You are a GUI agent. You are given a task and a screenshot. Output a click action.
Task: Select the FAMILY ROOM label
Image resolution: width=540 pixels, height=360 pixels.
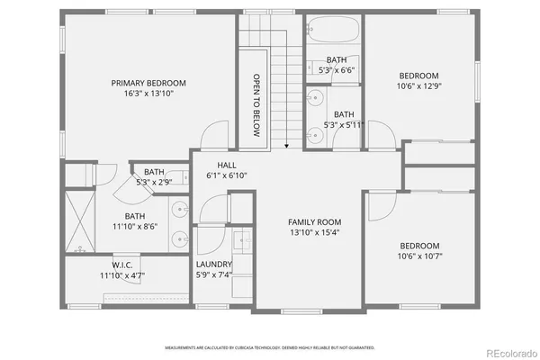pos(314,221)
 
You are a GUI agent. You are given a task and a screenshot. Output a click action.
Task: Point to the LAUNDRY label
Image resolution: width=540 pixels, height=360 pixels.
pos(214,264)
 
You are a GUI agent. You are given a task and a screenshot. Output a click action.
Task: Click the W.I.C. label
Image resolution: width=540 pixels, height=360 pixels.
pos(122,264)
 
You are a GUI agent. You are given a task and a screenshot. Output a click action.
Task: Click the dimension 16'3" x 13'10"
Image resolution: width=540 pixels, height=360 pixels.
pos(149,93)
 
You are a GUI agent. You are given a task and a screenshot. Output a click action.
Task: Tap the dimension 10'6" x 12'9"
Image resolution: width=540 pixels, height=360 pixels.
pos(419,86)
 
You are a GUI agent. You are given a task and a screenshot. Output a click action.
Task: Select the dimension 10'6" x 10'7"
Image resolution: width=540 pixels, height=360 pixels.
pos(419,256)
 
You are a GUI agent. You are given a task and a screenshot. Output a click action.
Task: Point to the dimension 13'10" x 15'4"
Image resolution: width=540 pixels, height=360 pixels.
pos(314,232)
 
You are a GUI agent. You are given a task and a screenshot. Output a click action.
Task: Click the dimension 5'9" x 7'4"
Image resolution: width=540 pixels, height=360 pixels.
pos(214,274)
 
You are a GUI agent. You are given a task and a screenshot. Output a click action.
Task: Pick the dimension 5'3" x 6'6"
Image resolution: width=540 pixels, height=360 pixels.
pos(337,69)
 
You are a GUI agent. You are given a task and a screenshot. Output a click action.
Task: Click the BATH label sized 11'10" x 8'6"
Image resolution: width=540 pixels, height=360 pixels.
pos(135,216)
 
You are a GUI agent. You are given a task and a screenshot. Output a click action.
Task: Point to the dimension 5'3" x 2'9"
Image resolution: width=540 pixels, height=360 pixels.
pos(154,183)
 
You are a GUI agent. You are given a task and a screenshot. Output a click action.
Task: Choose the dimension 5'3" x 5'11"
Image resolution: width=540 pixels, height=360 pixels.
pos(343,124)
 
